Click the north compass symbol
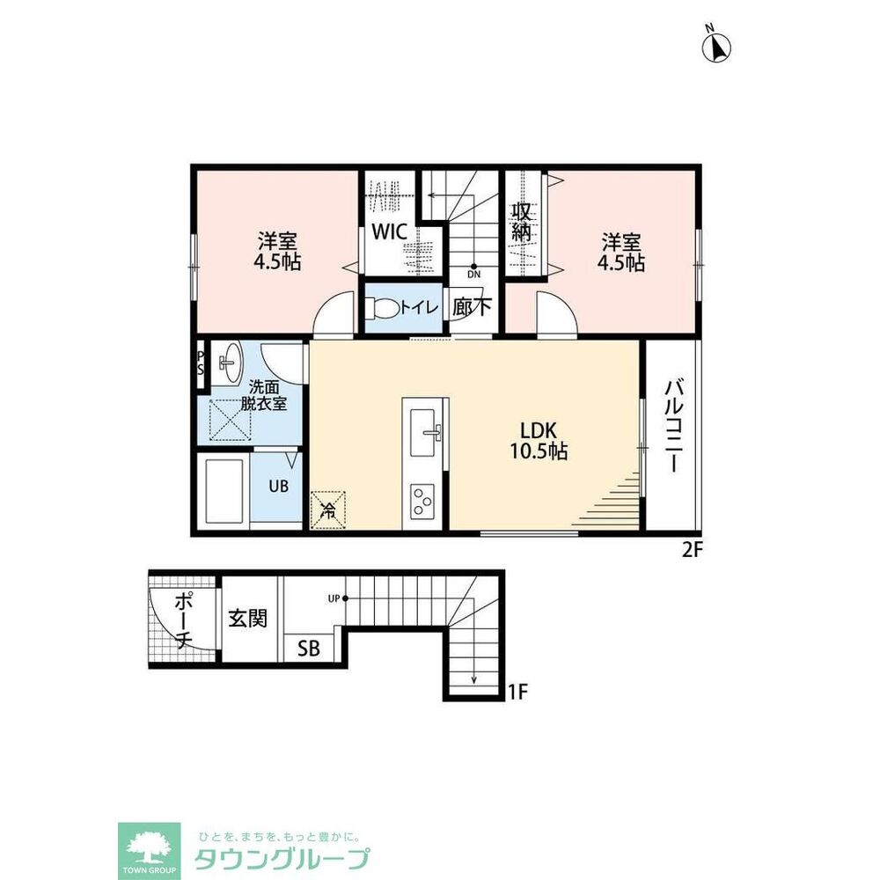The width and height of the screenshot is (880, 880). tap(716, 46)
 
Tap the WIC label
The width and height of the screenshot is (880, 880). tap(390, 231)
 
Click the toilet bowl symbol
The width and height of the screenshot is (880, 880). tap(383, 307)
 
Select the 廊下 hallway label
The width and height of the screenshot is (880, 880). tap(472, 306)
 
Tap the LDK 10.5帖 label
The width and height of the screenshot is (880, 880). tap(539, 441)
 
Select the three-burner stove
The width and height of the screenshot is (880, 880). tap(425, 501)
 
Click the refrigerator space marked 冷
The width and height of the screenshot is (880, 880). tap(327, 510)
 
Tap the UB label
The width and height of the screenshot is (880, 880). tap(278, 486)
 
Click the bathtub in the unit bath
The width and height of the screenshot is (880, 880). tap(223, 491)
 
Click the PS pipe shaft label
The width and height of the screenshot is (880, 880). tap(201, 363)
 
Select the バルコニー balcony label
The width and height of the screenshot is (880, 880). tap(675, 427)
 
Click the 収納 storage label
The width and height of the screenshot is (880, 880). tap(521, 222)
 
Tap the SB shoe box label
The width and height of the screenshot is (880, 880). tap(309, 649)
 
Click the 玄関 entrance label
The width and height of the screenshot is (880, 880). tap(247, 619)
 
